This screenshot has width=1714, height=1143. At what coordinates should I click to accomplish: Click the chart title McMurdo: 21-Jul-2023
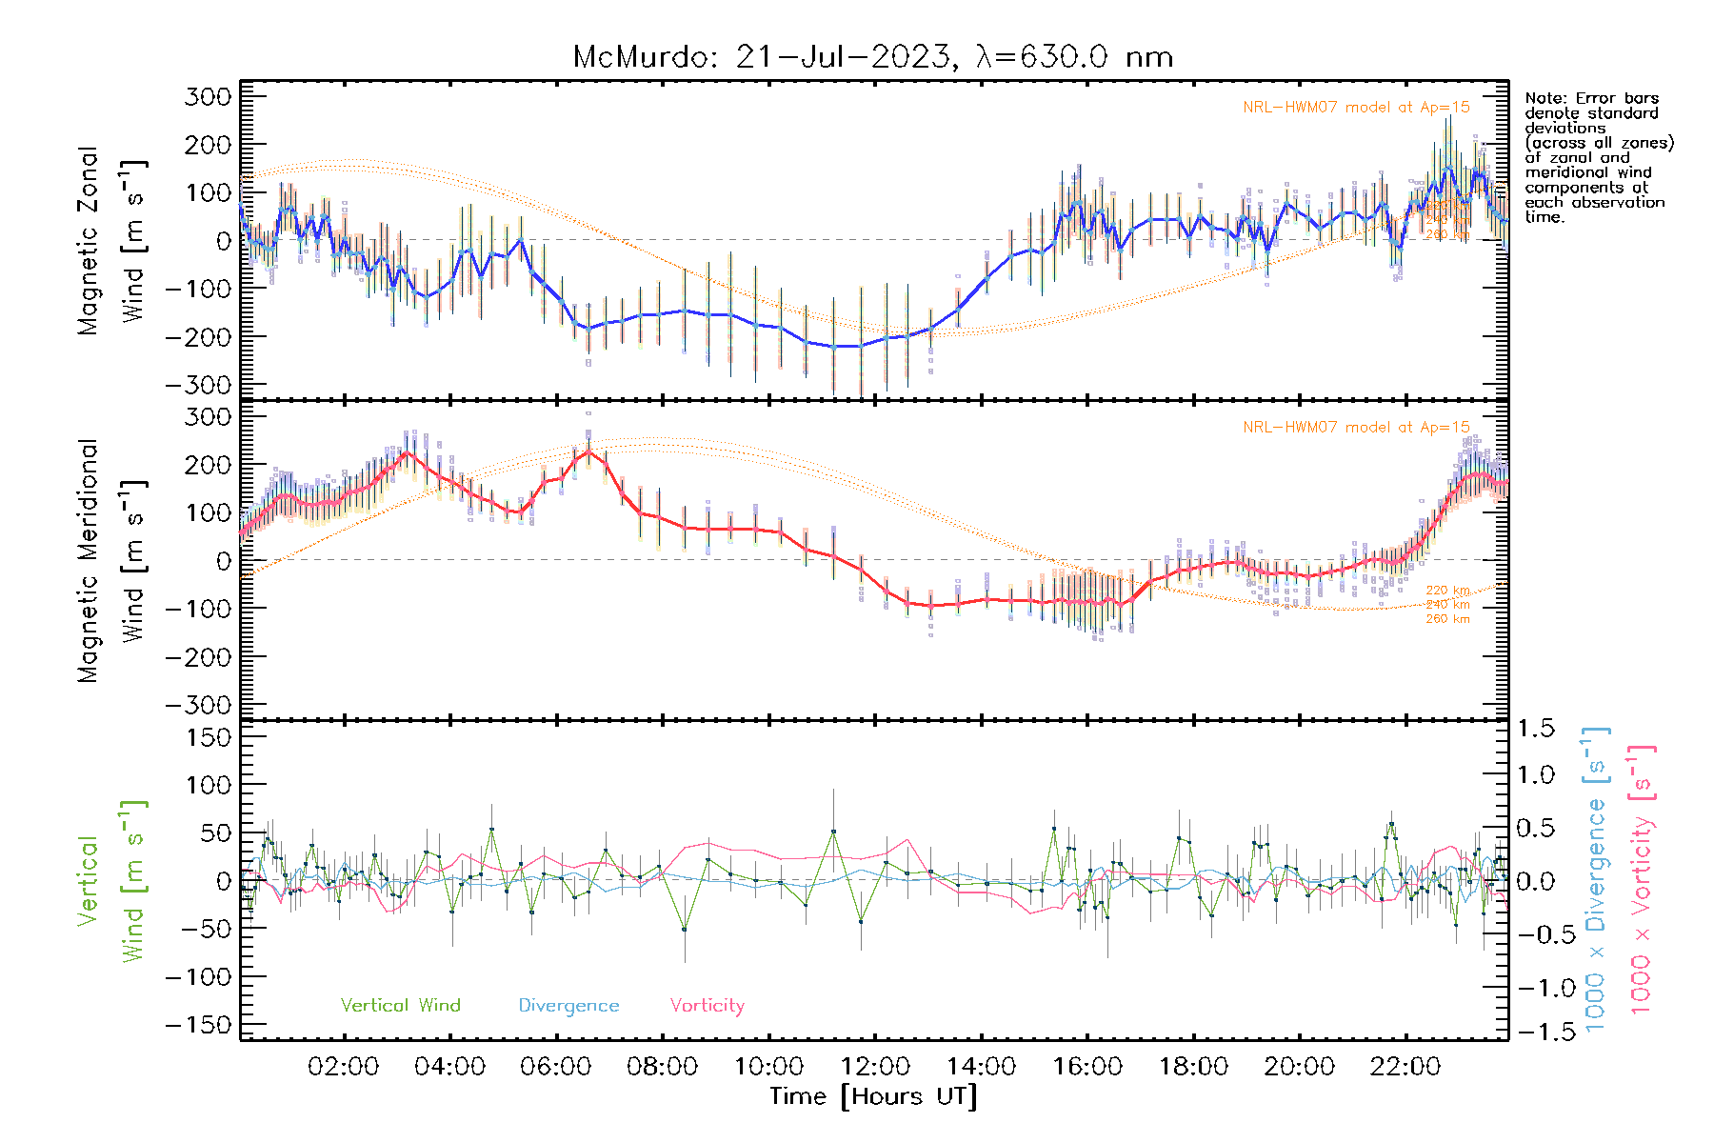pyautogui.click(x=872, y=57)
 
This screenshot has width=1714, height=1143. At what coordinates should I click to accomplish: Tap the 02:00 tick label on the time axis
pyautogui.click(x=344, y=1067)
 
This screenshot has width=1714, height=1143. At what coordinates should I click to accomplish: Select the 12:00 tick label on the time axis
pyautogui.click(x=875, y=1067)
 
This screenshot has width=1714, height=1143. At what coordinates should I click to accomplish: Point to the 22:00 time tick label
pyautogui.click(x=1405, y=1067)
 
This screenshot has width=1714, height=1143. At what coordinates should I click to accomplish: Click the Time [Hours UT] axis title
pyautogui.click(x=873, y=1097)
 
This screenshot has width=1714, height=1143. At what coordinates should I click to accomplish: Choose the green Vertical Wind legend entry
pyautogui.click(x=400, y=1006)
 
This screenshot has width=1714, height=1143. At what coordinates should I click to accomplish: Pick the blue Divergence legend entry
pyautogui.click(x=568, y=1006)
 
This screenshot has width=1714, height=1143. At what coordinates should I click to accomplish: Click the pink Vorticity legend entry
pyautogui.click(x=707, y=1006)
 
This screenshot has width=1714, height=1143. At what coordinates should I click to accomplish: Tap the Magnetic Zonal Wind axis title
pyautogui.click(x=111, y=240)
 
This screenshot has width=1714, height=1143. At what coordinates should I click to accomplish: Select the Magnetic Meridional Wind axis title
pyautogui.click(x=111, y=560)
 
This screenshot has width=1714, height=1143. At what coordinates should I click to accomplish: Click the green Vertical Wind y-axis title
pyautogui.click(x=111, y=881)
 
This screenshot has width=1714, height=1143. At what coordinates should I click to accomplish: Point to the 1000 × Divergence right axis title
pyautogui.click(x=1595, y=879)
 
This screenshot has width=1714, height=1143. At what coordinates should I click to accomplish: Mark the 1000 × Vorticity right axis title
pyautogui.click(x=1641, y=879)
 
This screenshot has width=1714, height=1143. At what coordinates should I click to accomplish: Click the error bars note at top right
pyautogui.click(x=1598, y=157)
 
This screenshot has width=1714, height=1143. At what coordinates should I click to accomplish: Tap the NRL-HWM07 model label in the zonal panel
pyautogui.click(x=1356, y=108)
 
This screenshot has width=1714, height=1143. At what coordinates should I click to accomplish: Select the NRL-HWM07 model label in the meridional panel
pyautogui.click(x=1356, y=428)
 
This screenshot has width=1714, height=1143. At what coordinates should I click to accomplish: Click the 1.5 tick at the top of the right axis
pyautogui.click(x=1535, y=729)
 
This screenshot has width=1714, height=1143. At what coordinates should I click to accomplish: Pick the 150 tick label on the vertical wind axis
pyautogui.click(x=209, y=737)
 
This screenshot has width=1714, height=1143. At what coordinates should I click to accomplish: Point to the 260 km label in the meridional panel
pyautogui.click(x=1447, y=619)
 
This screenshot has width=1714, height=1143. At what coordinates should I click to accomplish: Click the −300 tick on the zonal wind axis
pyautogui.click(x=198, y=385)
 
